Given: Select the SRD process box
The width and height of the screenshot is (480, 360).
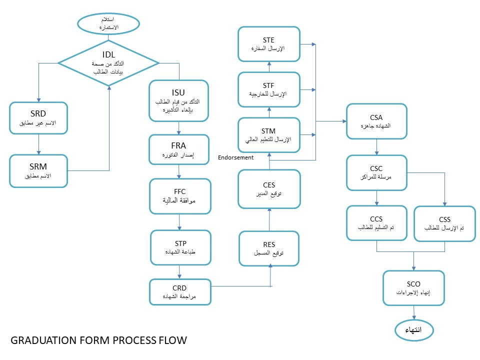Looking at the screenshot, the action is click(x=38, y=118).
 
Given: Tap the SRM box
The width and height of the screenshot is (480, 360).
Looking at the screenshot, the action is click(x=38, y=171).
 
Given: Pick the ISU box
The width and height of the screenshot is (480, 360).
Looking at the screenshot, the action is click(x=179, y=101).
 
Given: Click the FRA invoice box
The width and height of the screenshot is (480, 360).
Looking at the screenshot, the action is click(x=179, y=149).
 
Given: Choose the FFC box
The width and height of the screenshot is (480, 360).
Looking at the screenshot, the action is click(x=180, y=196).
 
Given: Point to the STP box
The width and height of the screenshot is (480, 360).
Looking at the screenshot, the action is click(x=180, y=247).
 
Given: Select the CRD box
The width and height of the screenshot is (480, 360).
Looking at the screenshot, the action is click(x=180, y=292).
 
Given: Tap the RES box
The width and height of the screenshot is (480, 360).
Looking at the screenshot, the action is click(x=269, y=248).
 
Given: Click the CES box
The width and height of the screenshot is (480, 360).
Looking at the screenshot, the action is click(x=269, y=189).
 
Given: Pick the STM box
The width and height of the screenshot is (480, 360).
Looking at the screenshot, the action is click(x=269, y=135).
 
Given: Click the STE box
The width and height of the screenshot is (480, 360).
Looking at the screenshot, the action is click(x=269, y=44).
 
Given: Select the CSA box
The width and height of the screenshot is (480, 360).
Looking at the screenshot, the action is click(x=376, y=121).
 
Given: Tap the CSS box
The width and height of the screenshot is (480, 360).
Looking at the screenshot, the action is click(x=445, y=224).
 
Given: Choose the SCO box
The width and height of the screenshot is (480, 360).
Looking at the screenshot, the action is click(x=413, y=288).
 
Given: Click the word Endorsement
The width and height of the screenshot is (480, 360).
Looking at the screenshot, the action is click(x=235, y=157).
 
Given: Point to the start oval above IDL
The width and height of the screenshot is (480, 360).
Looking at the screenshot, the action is click(x=108, y=23).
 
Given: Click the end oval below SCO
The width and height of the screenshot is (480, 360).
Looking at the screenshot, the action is click(x=414, y=330).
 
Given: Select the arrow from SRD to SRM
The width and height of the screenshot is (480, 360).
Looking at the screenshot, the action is click(x=38, y=144).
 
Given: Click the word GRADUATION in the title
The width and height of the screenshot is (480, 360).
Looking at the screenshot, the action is click(x=44, y=340).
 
